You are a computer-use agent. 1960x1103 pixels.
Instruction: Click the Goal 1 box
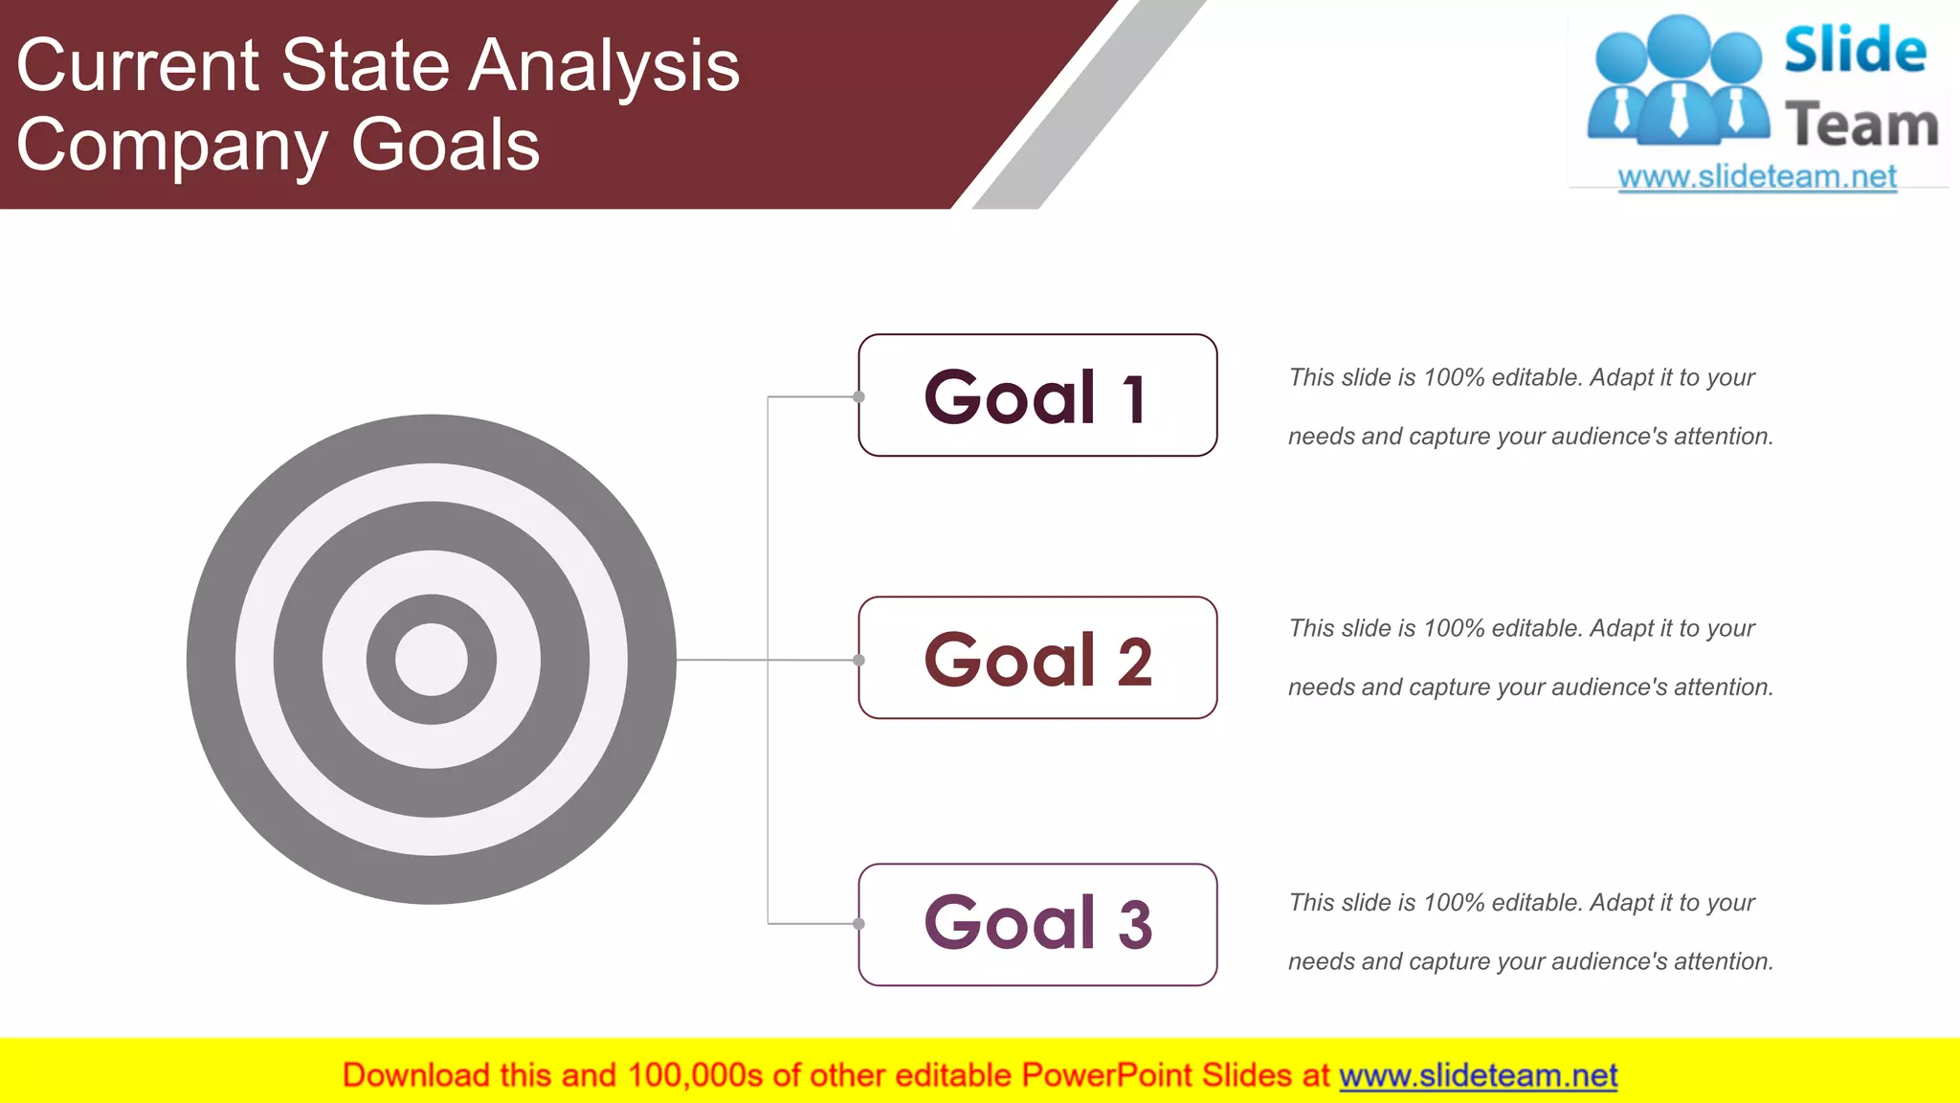[1037, 395]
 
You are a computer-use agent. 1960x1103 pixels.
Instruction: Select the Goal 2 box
[1037, 659]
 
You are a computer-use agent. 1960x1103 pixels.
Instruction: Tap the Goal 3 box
[1037, 925]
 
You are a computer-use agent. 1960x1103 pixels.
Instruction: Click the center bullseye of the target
[432, 660]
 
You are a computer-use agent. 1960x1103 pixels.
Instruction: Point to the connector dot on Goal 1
[859, 396]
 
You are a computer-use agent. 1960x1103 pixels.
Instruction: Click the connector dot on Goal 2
[859, 660]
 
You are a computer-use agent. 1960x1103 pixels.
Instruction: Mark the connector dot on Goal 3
[859, 924]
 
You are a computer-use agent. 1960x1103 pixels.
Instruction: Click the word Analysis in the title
[605, 67]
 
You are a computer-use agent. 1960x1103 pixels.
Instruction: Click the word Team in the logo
[1861, 125]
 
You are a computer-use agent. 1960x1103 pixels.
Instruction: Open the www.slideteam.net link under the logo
[1757, 177]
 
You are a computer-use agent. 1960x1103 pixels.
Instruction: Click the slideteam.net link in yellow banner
[1478, 1076]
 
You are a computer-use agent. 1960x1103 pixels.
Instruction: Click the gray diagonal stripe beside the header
[1091, 105]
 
